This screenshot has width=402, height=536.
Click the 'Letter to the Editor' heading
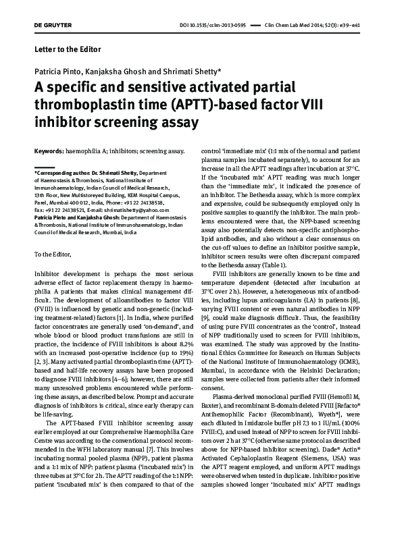click(x=67, y=50)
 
